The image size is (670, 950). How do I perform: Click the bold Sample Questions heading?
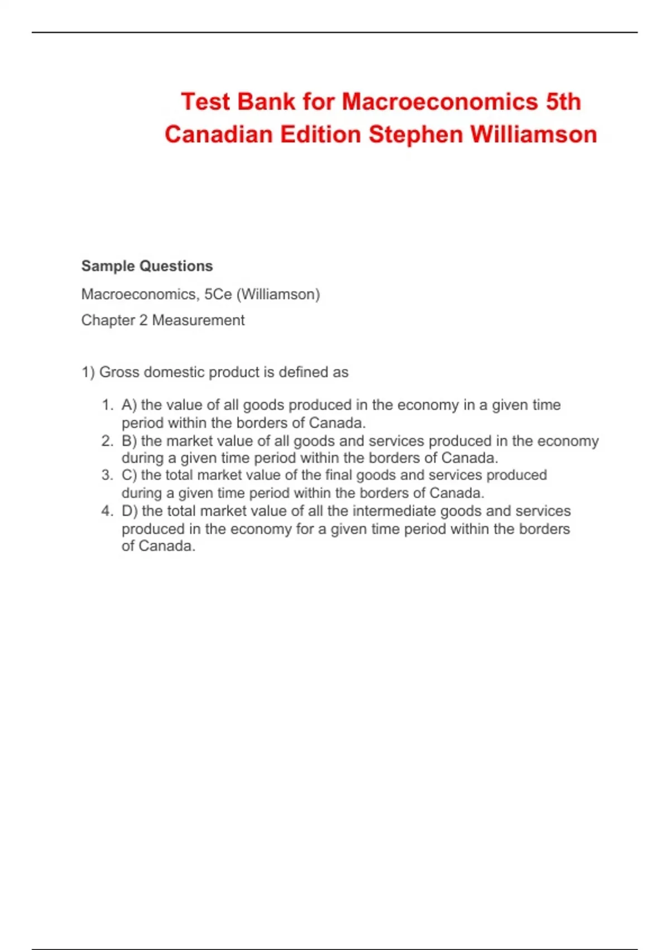tap(147, 266)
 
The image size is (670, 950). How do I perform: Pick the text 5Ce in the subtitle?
tap(218, 294)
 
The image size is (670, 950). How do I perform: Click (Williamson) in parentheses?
tap(278, 294)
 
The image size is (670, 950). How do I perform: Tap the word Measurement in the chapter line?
tap(198, 320)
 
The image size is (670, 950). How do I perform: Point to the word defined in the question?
tap(304, 372)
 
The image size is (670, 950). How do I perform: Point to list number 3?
tap(107, 475)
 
